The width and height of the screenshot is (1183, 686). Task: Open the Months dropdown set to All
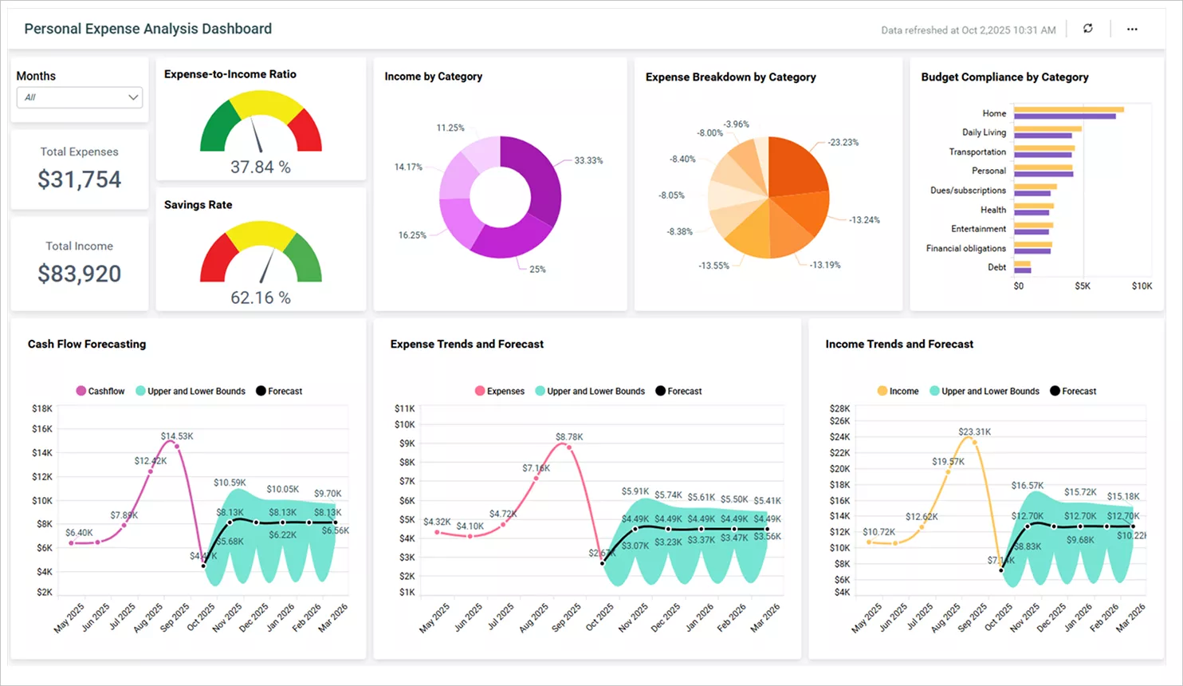click(x=80, y=97)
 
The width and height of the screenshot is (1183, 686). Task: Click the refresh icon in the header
click(x=1087, y=29)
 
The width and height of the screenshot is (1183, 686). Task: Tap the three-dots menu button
click(x=1132, y=29)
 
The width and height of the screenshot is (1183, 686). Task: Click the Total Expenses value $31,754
click(x=79, y=179)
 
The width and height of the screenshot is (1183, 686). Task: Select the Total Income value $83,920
click(x=79, y=274)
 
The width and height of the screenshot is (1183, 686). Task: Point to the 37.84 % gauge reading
click(x=261, y=168)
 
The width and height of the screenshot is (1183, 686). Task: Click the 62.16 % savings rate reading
click(x=261, y=298)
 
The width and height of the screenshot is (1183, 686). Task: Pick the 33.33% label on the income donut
click(x=588, y=160)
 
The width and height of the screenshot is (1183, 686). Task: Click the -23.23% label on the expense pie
click(x=843, y=143)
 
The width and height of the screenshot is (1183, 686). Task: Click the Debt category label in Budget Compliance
click(x=996, y=267)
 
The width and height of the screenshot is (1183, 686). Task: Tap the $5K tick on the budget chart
click(x=1082, y=286)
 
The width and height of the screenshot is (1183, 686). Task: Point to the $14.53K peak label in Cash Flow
click(x=176, y=436)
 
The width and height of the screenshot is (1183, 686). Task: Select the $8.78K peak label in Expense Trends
click(x=569, y=436)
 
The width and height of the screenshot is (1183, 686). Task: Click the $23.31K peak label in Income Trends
click(x=974, y=432)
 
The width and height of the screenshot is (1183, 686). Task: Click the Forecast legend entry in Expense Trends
click(x=678, y=391)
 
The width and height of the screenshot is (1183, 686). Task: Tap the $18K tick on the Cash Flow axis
click(x=41, y=408)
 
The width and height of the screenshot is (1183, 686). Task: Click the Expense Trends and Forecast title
click(x=466, y=344)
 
